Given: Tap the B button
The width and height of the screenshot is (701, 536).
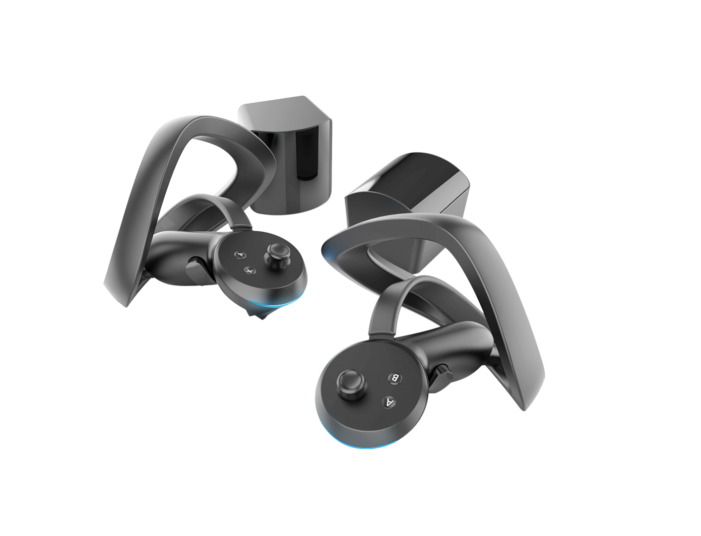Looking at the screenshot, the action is pos(395,378).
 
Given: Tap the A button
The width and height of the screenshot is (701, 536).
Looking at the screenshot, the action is pos(390,402).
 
